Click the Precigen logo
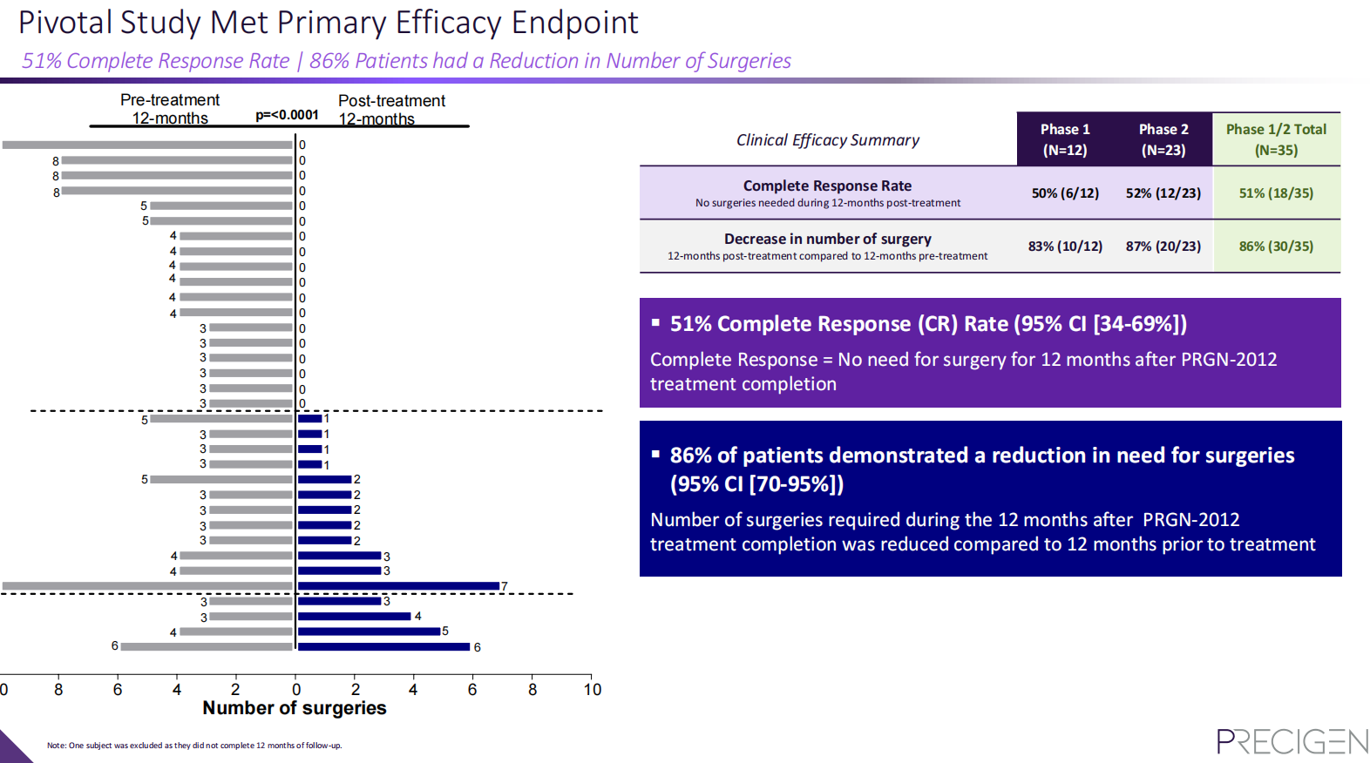click(x=1292, y=741)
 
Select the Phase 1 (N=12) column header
click(x=1065, y=139)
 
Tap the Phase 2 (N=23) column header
click(x=1163, y=139)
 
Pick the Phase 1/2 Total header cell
click(x=1276, y=139)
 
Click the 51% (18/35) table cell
click(x=1276, y=193)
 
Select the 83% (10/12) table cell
click(x=1065, y=246)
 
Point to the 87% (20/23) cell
click(x=1163, y=246)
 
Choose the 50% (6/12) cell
click(x=1065, y=193)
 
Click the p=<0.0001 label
click(x=287, y=115)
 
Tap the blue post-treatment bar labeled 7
click(x=398, y=586)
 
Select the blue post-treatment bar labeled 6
click(x=383, y=646)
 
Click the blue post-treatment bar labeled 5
click(x=369, y=631)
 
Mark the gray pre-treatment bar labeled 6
click(x=207, y=646)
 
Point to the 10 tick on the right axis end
click(x=593, y=690)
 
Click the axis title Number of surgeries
click(x=295, y=708)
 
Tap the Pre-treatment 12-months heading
click(x=170, y=110)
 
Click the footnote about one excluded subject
click(x=194, y=746)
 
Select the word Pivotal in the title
click(x=65, y=23)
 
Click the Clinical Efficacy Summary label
click(x=828, y=140)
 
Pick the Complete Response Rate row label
click(x=827, y=186)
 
